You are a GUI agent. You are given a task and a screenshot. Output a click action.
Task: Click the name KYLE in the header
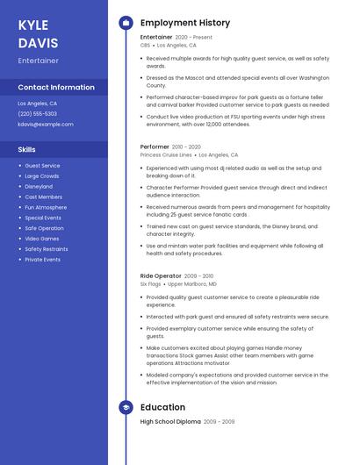tap(33, 25)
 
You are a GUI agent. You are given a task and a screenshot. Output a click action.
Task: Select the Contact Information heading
tap(56, 87)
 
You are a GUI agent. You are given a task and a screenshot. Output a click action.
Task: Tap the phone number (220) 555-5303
tap(37, 113)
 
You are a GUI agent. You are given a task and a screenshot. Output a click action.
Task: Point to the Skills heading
tap(26, 149)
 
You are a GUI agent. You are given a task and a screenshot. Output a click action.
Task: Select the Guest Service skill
tap(42, 165)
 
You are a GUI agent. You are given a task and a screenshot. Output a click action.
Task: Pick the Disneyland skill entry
tap(39, 186)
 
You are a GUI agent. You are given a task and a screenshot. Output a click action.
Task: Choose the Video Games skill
tap(42, 239)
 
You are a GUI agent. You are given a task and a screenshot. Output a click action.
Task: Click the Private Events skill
tap(42, 260)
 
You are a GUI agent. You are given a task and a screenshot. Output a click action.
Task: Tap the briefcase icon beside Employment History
tap(126, 23)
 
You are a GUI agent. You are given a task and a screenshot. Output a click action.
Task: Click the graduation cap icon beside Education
tap(126, 407)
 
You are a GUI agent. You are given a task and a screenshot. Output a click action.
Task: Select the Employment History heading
tap(185, 23)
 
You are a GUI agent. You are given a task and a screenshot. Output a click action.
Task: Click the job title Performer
tap(155, 147)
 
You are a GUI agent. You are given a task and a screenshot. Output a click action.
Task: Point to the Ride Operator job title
tap(160, 276)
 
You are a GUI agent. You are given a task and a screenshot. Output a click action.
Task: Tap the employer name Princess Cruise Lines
tap(166, 154)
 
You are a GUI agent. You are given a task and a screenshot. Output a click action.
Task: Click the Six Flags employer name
tap(150, 284)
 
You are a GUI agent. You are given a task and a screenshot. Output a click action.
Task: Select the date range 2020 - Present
tap(194, 38)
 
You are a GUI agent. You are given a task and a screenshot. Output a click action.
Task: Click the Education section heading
tap(162, 407)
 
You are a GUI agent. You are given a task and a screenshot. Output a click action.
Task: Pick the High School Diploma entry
tap(169, 422)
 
